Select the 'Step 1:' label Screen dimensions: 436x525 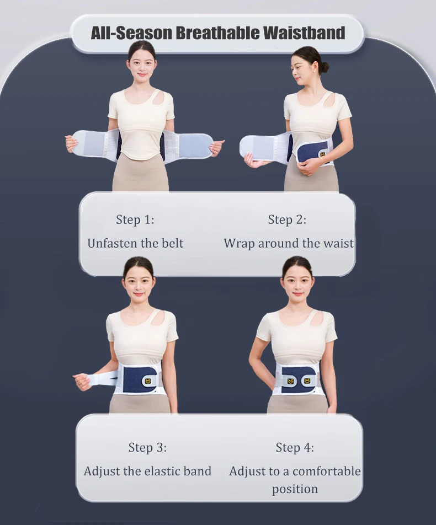(135, 219)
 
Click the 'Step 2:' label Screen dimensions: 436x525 (287, 219)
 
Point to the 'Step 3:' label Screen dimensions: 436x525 (147, 447)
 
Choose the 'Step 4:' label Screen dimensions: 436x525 (295, 447)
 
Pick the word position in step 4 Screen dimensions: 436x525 (295, 489)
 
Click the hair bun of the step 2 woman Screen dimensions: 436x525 (324, 67)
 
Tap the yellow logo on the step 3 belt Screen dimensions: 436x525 (148, 381)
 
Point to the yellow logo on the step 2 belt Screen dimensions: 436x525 (322, 154)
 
